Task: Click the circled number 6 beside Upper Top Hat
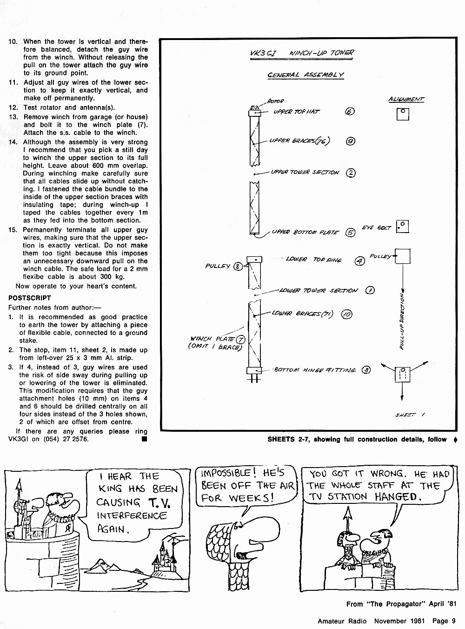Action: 350,112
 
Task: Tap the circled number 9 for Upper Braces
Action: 351,141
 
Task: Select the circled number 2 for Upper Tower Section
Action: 351,173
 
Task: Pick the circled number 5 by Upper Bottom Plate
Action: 350,233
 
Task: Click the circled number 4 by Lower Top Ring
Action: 360,261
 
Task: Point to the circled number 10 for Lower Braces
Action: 346,314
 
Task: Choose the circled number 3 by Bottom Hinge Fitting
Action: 366,370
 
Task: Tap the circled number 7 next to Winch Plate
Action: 240,340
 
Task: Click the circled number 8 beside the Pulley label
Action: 238,267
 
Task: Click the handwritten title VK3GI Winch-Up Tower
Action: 302,53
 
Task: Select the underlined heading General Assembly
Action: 306,75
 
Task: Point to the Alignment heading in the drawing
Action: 406,99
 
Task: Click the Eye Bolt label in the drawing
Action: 376,228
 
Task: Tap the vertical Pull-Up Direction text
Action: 402,321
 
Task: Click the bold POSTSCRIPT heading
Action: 30,298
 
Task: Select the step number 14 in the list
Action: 13,142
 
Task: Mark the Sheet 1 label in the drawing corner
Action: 410,415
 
